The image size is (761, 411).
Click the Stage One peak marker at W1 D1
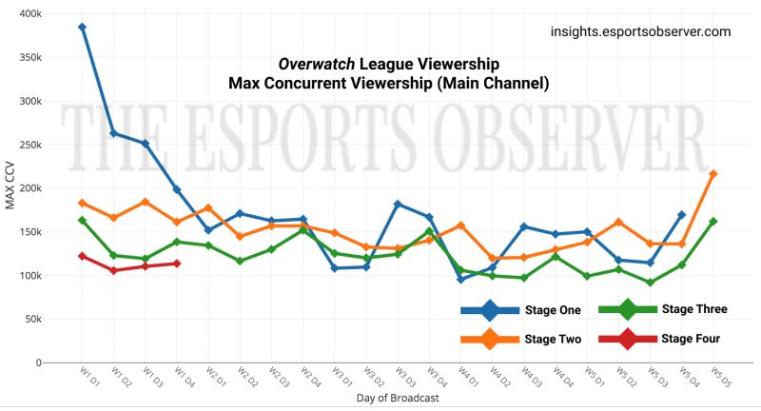pos(83,28)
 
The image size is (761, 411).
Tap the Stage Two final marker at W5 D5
pos(713,174)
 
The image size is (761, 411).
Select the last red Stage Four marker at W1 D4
pos(177,264)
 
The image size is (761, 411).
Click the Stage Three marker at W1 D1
pos(83,221)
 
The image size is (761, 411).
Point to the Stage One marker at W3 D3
pos(398,205)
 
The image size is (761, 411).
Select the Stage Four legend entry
pos(663,338)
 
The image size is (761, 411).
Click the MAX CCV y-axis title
pos(10,188)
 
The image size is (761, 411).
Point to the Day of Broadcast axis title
pos(398,398)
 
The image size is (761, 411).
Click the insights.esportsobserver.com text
pos(640,31)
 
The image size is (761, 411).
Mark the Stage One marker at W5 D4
pos(682,216)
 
